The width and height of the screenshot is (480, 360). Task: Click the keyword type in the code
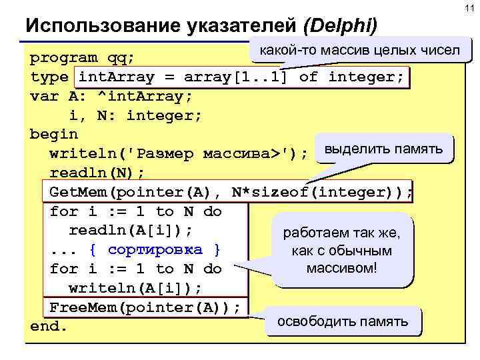tap(49, 77)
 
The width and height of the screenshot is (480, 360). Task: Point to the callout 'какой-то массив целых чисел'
tap(359, 51)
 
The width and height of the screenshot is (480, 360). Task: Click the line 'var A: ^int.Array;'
tap(112, 96)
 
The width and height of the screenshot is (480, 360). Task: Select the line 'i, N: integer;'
tap(135, 115)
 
